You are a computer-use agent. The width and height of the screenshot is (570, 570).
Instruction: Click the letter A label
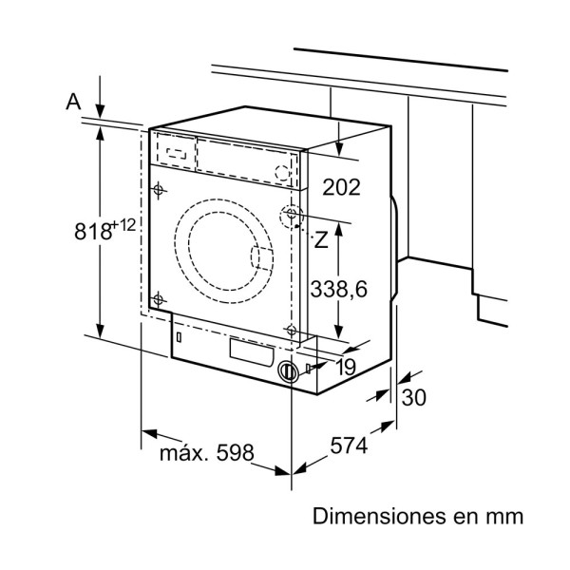tap(73, 102)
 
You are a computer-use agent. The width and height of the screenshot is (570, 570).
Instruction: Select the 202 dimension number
tap(341, 186)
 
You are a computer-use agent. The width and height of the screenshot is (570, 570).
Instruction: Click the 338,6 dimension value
tap(339, 289)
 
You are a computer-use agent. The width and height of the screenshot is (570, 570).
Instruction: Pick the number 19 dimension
tap(345, 367)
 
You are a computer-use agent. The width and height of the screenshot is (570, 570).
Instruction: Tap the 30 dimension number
tap(413, 398)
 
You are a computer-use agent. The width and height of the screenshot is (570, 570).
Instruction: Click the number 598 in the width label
tap(234, 454)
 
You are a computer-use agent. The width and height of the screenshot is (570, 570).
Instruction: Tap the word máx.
tap(182, 454)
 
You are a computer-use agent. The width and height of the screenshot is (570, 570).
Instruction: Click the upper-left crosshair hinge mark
tap(160, 188)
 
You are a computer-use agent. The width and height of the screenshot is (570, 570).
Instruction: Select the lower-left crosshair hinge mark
tap(159, 300)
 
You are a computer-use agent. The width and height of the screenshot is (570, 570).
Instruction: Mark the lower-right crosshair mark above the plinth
tap(290, 329)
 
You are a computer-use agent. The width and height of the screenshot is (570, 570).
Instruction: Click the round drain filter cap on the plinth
tap(287, 371)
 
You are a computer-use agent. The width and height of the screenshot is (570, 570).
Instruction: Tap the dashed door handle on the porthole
tap(258, 259)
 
